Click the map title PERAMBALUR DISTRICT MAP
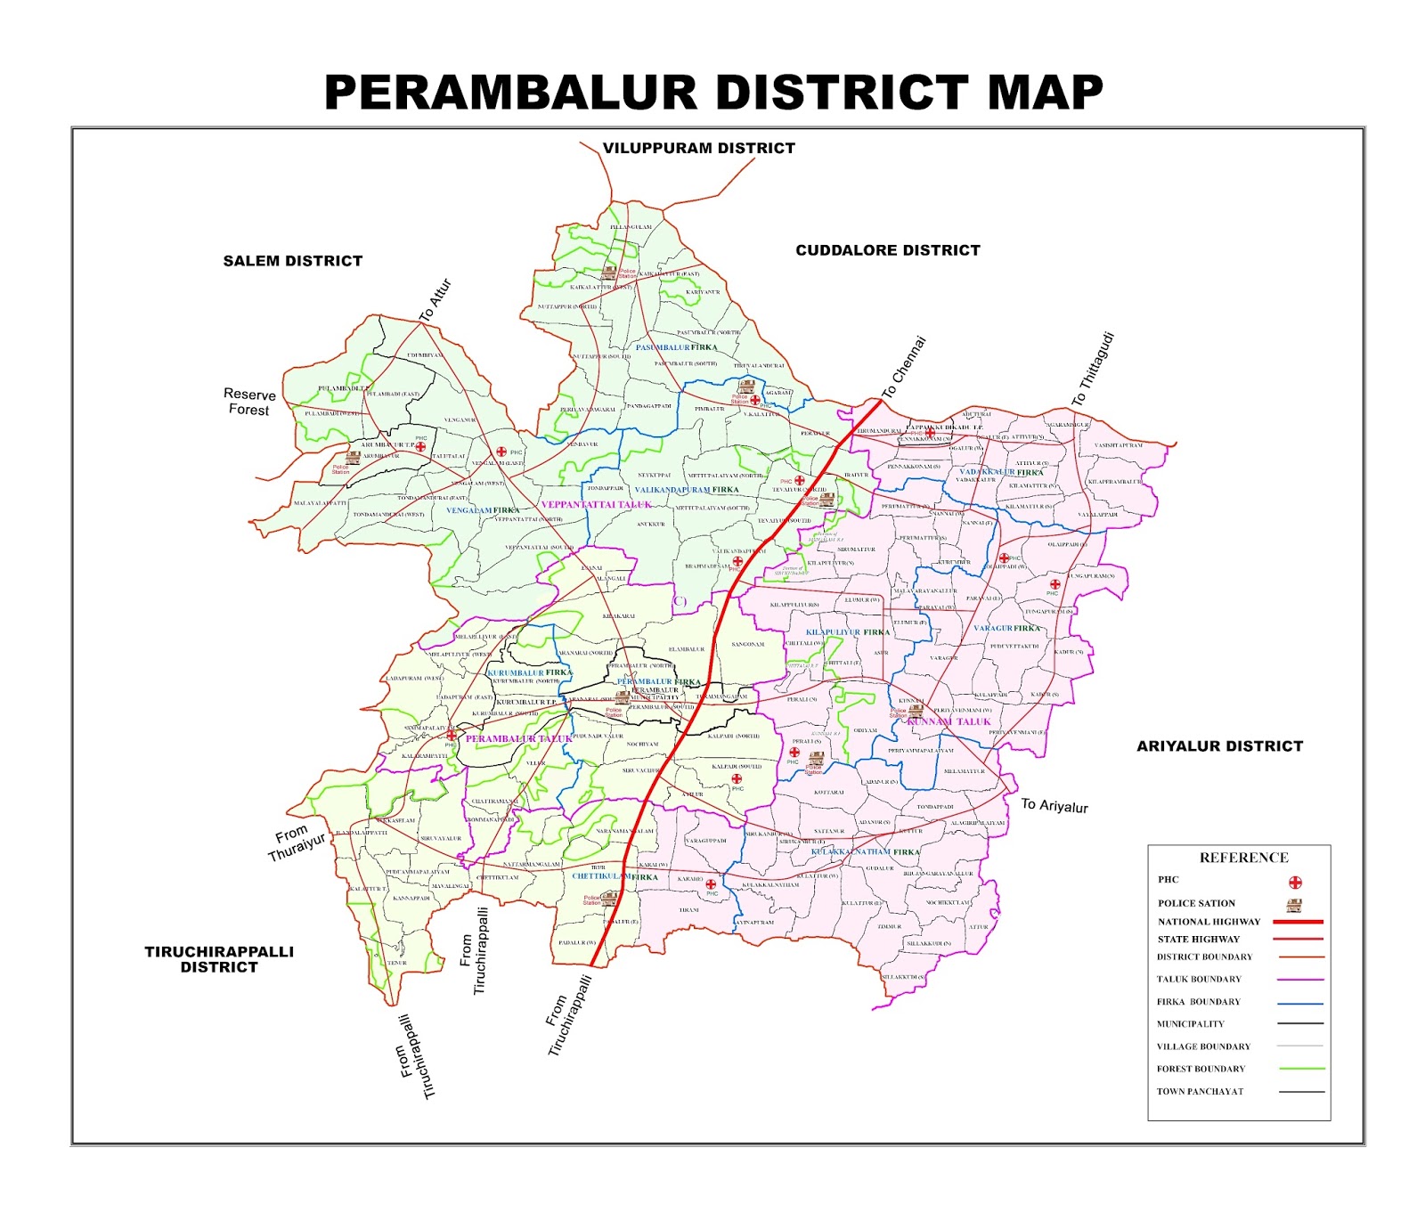coord(712,93)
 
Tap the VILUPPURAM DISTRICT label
coord(698,148)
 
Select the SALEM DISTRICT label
coord(292,261)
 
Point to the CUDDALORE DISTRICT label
coord(887,250)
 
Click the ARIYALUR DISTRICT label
coord(1218,746)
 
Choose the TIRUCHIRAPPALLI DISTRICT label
coord(219,959)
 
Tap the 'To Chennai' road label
coord(904,367)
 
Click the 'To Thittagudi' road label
coord(1093,370)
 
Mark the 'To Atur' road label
coord(436,300)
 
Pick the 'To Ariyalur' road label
coord(1054,806)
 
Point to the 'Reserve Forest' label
coord(249,402)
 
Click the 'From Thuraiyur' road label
coord(297,843)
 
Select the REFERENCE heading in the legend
coord(1243,858)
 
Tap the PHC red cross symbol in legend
coord(1295,883)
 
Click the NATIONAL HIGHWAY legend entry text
coord(1209,922)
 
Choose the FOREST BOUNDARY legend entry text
coord(1200,1069)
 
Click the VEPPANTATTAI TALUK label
coord(596,505)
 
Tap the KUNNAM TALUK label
coord(949,721)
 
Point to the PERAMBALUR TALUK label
coord(518,738)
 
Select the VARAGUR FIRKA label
coord(1006,629)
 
